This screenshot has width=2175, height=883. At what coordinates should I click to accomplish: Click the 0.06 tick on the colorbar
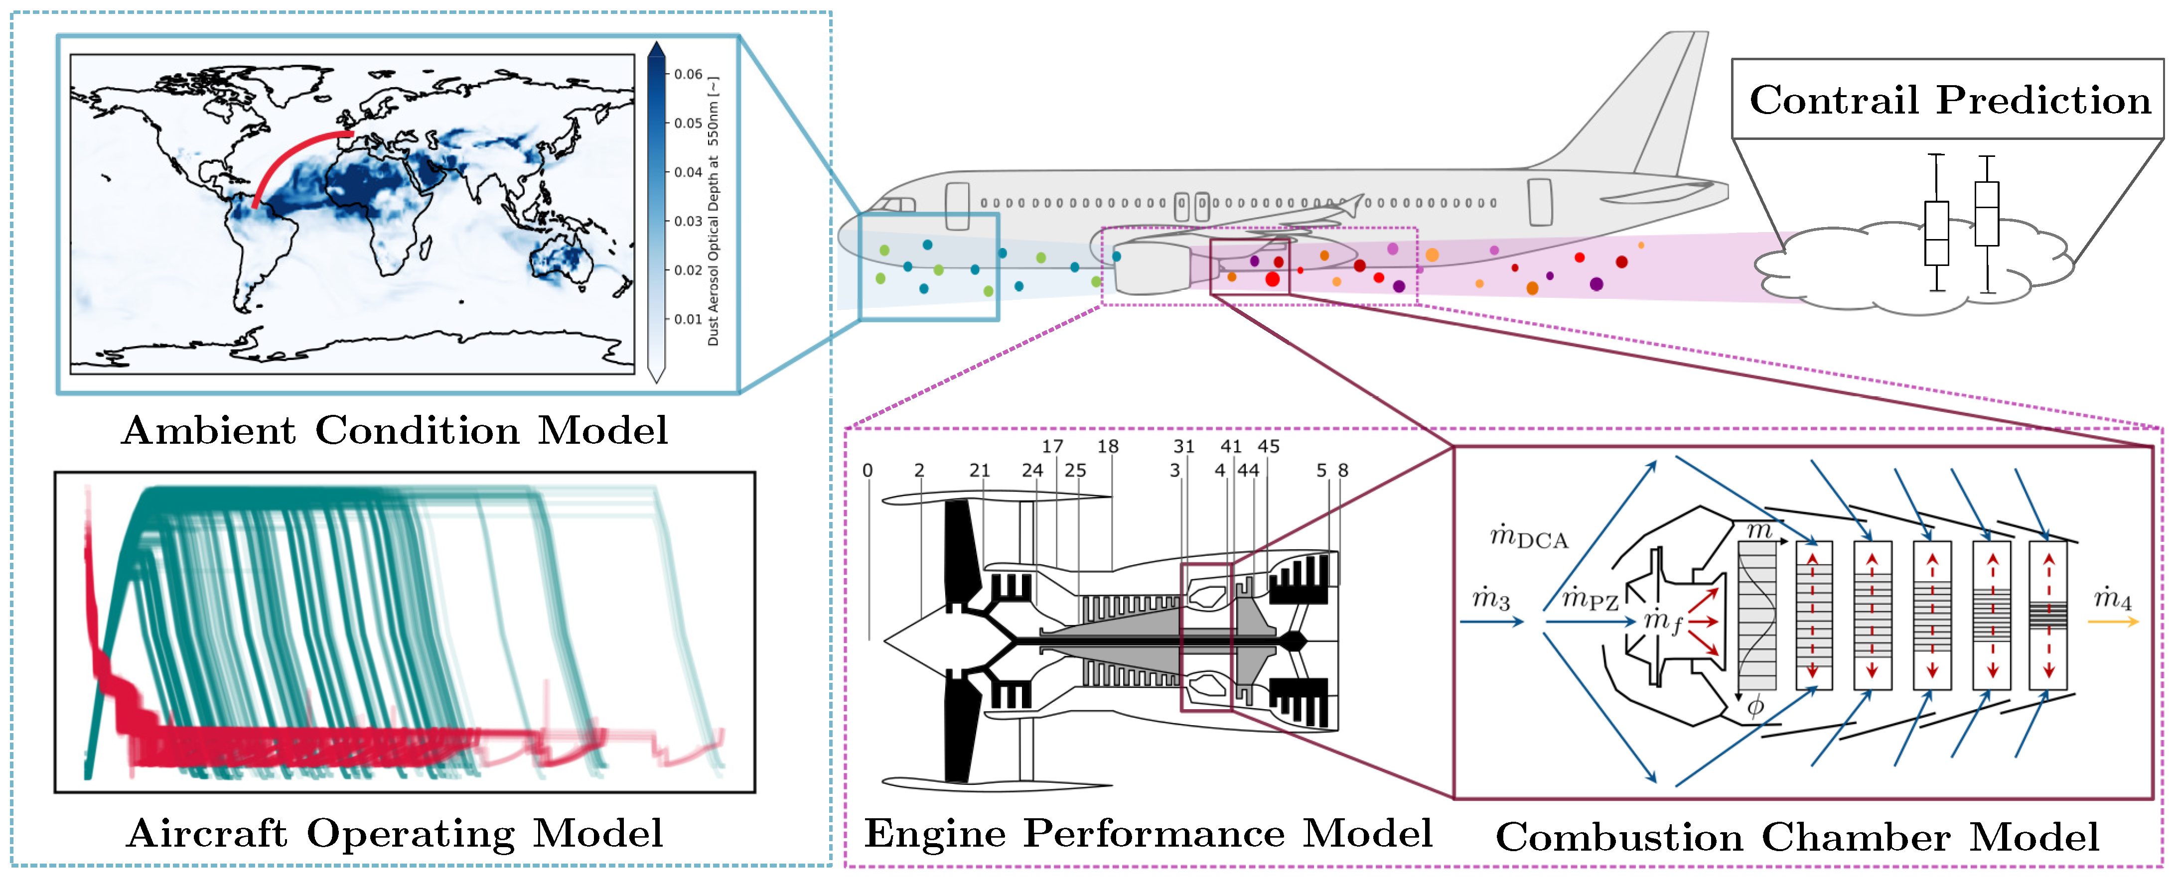point(687,74)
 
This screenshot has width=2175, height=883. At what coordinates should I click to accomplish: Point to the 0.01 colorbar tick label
point(687,319)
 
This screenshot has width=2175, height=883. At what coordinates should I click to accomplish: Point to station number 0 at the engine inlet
point(867,470)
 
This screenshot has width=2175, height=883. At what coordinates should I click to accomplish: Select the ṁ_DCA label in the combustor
point(1528,537)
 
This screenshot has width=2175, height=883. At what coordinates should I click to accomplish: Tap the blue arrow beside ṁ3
point(1491,622)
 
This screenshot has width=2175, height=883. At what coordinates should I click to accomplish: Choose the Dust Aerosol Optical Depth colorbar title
point(714,211)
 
